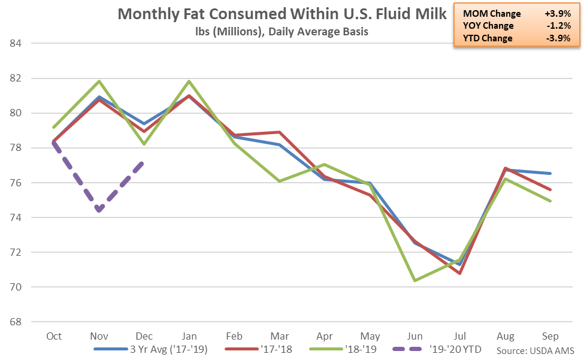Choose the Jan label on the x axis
(x=189, y=336)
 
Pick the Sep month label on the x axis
(x=550, y=336)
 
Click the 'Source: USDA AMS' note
(x=535, y=350)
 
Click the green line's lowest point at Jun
(x=414, y=280)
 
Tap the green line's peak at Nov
(x=99, y=81)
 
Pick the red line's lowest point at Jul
(x=460, y=273)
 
